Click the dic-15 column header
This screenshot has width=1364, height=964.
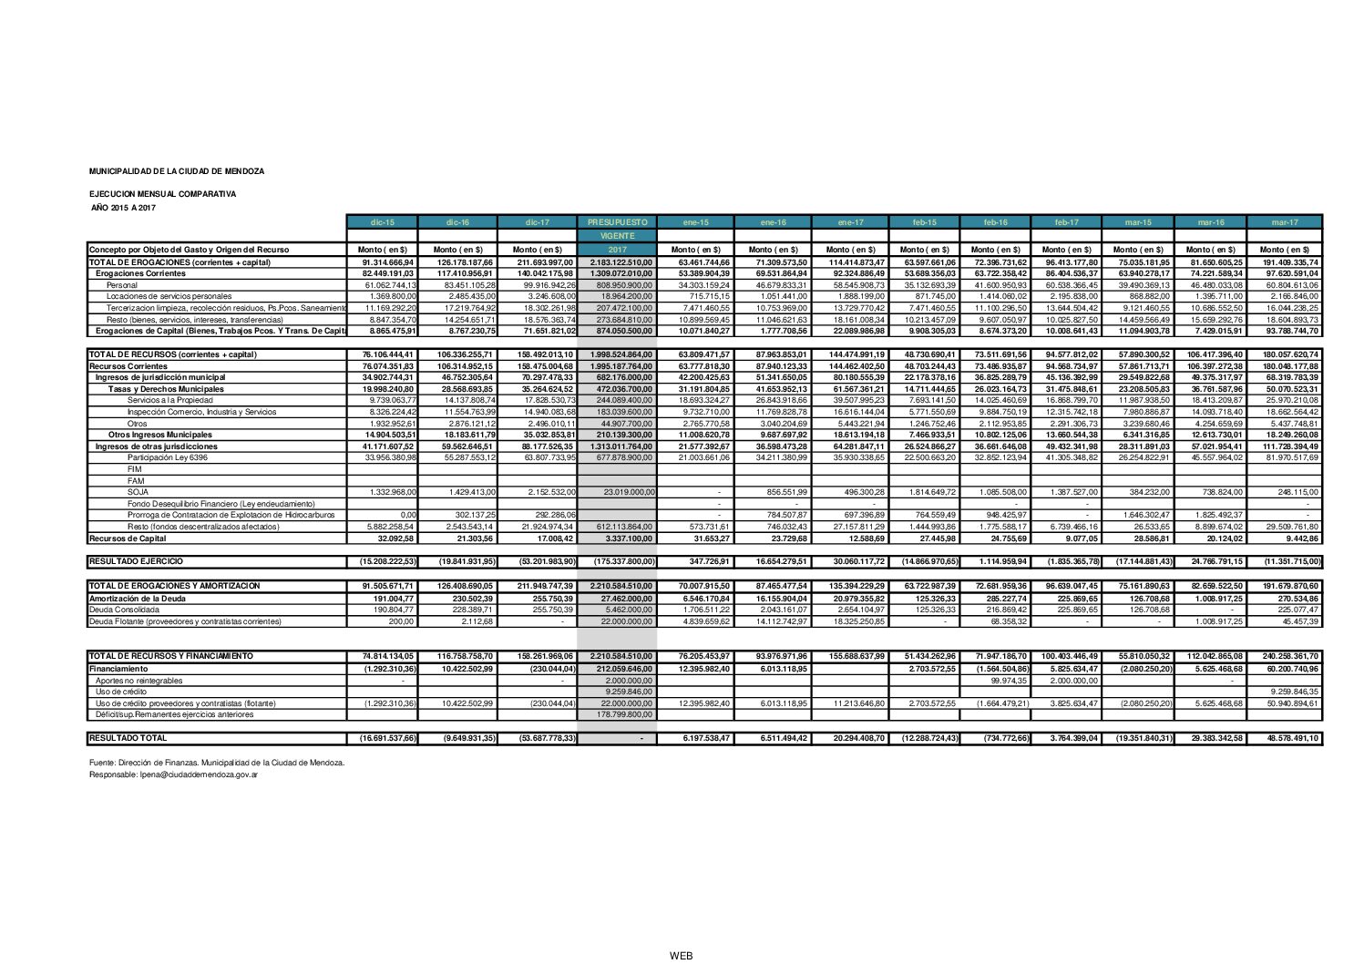coord(383,222)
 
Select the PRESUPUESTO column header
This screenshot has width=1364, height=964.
coord(617,222)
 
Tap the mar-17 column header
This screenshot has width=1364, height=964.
coord(1284,222)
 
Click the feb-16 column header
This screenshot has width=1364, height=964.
coord(995,222)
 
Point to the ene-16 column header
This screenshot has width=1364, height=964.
coord(773,222)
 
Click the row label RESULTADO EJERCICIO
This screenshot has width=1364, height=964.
coord(136,561)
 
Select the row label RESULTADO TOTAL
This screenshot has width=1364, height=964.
coord(128,737)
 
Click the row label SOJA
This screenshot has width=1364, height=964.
coord(138,492)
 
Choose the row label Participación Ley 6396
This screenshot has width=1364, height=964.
coord(168,457)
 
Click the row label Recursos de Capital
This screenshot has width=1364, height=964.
coord(128,538)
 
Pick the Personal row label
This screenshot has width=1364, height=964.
coord(122,285)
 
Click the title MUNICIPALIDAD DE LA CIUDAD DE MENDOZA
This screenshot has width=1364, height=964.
coord(177,171)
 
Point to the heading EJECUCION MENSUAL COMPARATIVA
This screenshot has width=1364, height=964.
coord(162,194)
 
